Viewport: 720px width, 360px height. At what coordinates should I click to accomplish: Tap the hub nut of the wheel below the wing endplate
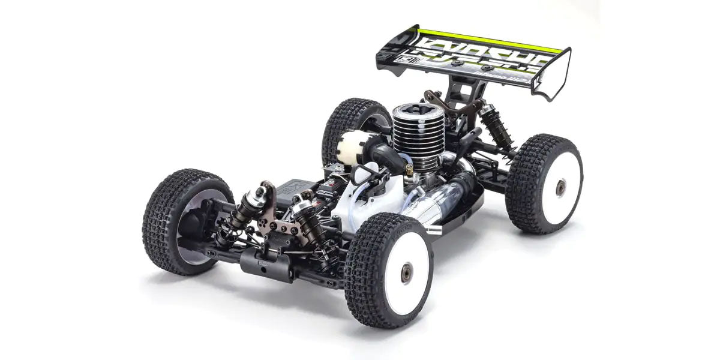pos(559,188)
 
